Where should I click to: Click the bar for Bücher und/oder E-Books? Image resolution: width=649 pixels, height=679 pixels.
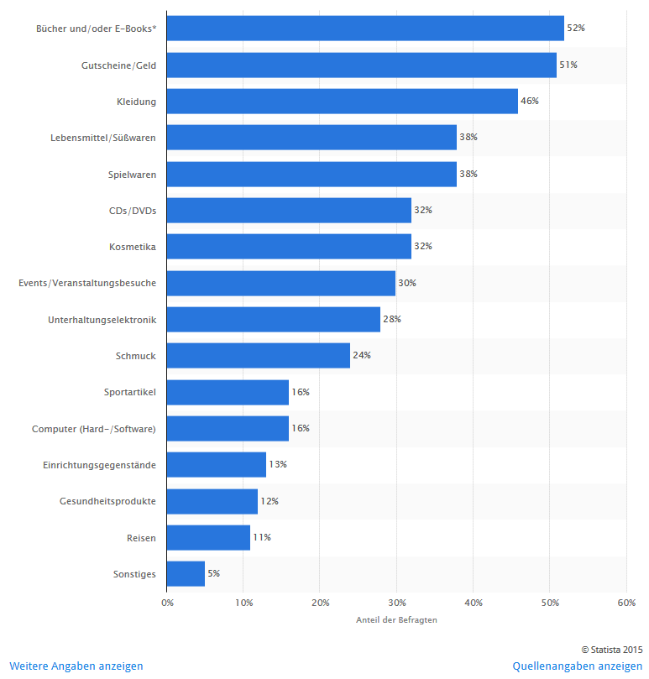pyautogui.click(x=365, y=29)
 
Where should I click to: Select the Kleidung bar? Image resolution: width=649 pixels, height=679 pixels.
pyautogui.click(x=343, y=101)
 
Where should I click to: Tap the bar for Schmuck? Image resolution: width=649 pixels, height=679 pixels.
pyautogui.click(x=259, y=355)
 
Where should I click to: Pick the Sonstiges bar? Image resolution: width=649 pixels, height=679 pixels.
pyautogui.click(x=186, y=573)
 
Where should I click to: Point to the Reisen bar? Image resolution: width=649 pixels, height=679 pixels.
pyautogui.click(x=208, y=537)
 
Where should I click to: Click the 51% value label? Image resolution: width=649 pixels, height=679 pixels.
pyautogui.click(x=568, y=65)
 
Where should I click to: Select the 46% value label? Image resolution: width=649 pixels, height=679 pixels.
pyautogui.click(x=530, y=101)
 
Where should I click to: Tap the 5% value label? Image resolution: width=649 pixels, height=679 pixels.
pyautogui.click(x=213, y=573)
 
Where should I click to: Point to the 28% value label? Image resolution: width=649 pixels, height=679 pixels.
pyautogui.click(x=392, y=319)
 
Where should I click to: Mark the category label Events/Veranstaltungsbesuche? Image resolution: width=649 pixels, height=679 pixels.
pyautogui.click(x=87, y=283)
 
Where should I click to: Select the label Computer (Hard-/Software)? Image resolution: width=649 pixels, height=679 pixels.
pyautogui.click(x=94, y=428)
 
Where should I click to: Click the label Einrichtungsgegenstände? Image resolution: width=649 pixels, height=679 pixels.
pyautogui.click(x=99, y=464)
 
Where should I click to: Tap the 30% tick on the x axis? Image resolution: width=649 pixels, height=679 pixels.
pyautogui.click(x=396, y=603)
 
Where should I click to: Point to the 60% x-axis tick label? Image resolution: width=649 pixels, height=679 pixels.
pyautogui.click(x=625, y=603)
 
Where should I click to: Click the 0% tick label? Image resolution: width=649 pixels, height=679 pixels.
pyautogui.click(x=167, y=603)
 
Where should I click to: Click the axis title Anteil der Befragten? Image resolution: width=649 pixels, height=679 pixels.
pyautogui.click(x=396, y=620)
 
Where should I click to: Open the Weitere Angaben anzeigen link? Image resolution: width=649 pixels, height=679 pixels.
pyautogui.click(x=76, y=666)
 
